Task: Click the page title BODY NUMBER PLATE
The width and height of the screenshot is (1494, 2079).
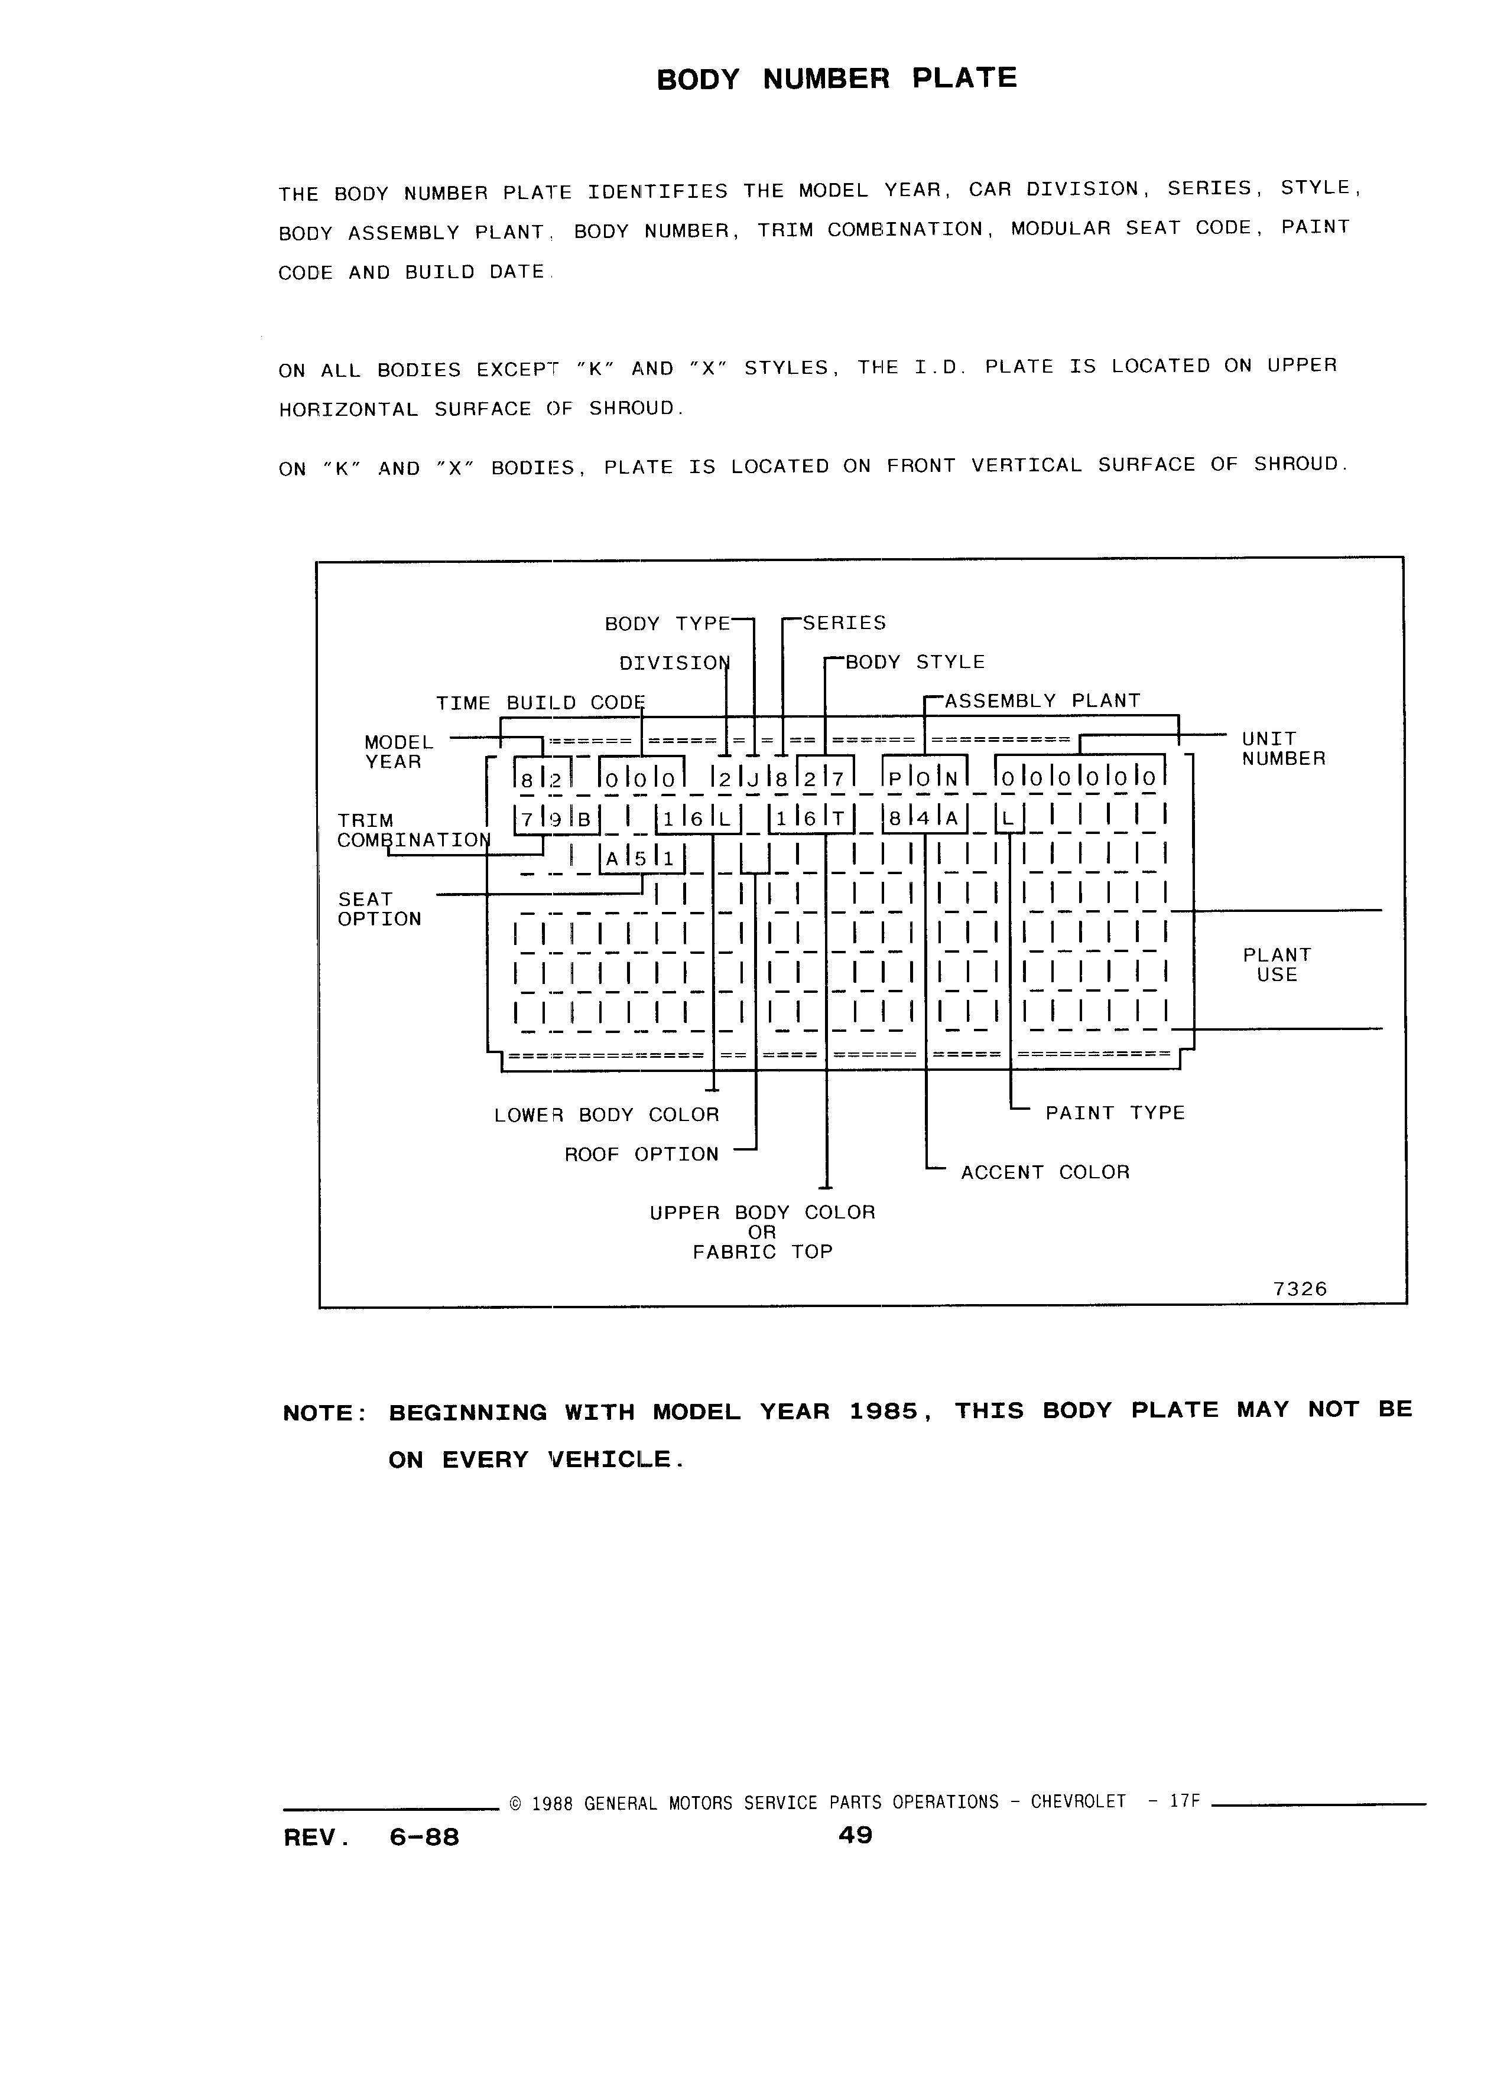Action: point(836,79)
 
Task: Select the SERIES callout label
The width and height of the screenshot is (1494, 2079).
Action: point(845,623)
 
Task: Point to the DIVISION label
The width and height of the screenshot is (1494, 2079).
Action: point(674,663)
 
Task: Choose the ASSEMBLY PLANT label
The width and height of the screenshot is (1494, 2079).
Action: point(1042,701)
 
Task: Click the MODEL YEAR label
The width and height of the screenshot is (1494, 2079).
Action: point(398,752)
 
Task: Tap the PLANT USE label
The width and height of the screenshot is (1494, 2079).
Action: point(1277,965)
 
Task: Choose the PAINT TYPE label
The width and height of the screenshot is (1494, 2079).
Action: point(1115,1113)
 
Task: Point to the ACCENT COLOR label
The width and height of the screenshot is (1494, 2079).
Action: point(1045,1172)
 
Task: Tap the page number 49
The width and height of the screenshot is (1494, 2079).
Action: point(855,1835)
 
